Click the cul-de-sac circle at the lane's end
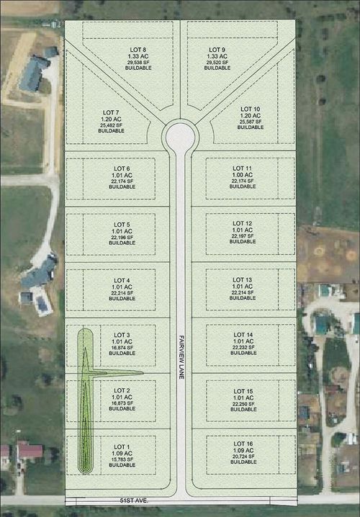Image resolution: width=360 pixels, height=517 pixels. (179, 135)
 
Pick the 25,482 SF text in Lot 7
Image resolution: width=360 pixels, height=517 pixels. (111, 125)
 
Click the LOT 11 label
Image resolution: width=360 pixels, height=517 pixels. (246, 168)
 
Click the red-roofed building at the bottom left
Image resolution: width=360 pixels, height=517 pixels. (29, 451)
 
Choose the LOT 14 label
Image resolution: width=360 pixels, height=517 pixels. (243, 335)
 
